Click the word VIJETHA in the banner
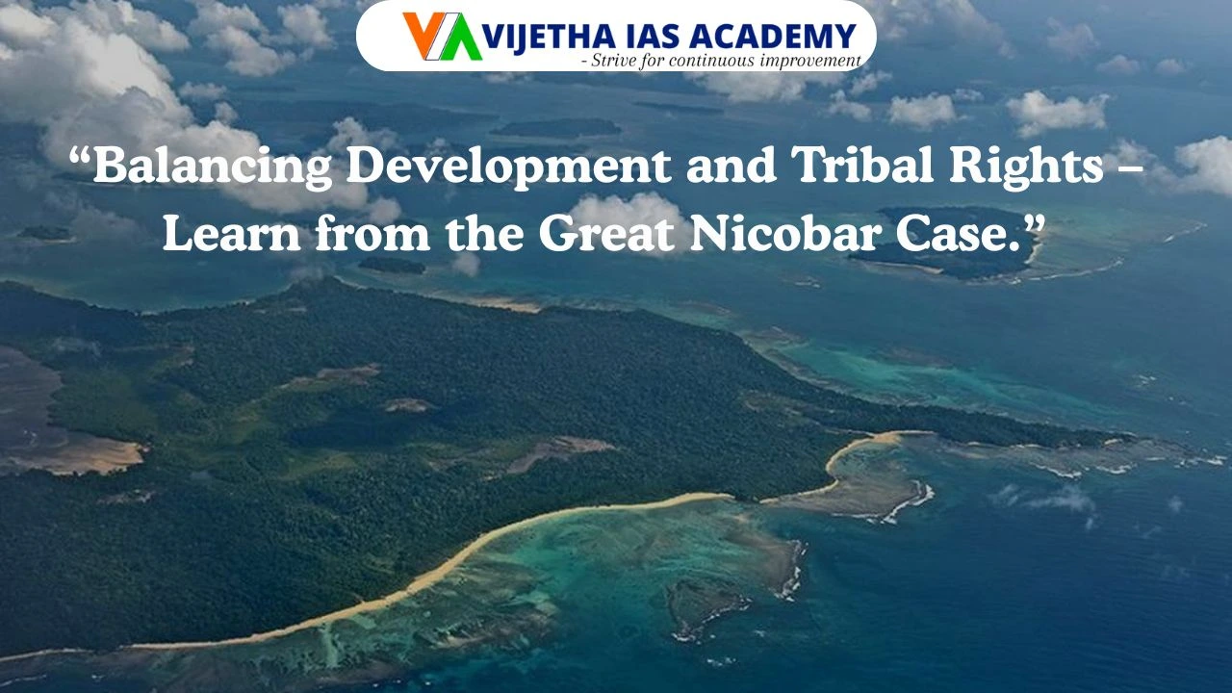533,38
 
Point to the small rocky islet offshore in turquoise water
707,606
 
